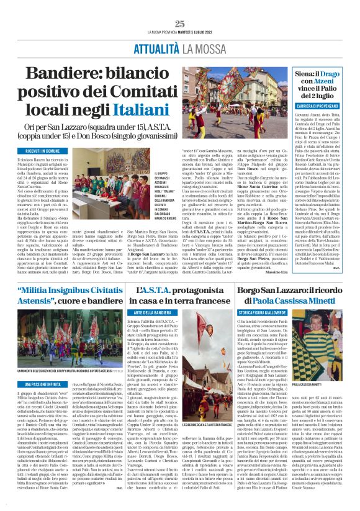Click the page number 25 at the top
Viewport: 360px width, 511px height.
[x=180, y=24]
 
